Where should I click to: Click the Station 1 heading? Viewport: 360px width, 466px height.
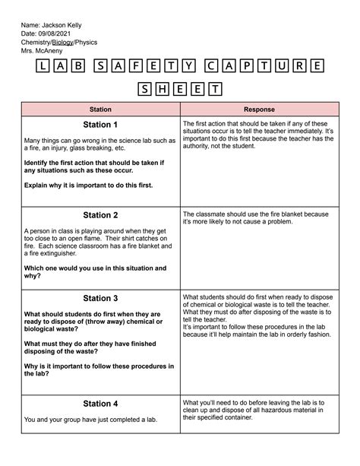[x=100, y=125]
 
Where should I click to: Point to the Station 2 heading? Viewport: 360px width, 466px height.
[x=100, y=215]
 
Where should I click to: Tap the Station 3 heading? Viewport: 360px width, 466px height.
[x=100, y=298]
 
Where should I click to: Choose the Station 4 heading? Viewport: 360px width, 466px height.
[x=100, y=404]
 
